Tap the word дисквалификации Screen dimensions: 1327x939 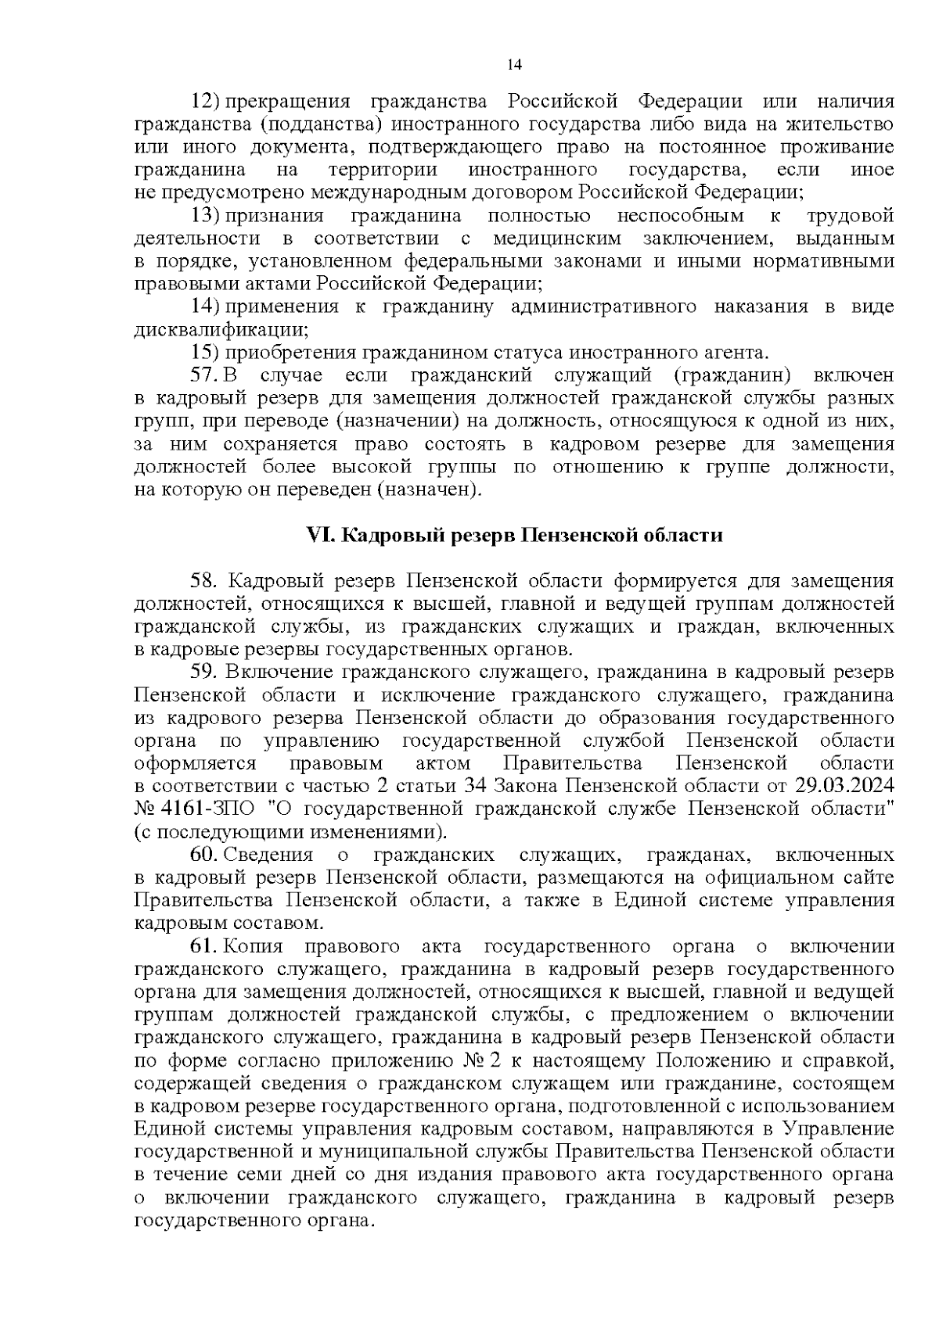click(x=221, y=329)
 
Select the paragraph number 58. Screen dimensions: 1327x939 click(x=207, y=581)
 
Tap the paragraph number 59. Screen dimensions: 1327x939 click(x=207, y=672)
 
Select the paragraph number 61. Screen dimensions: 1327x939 click(x=205, y=946)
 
